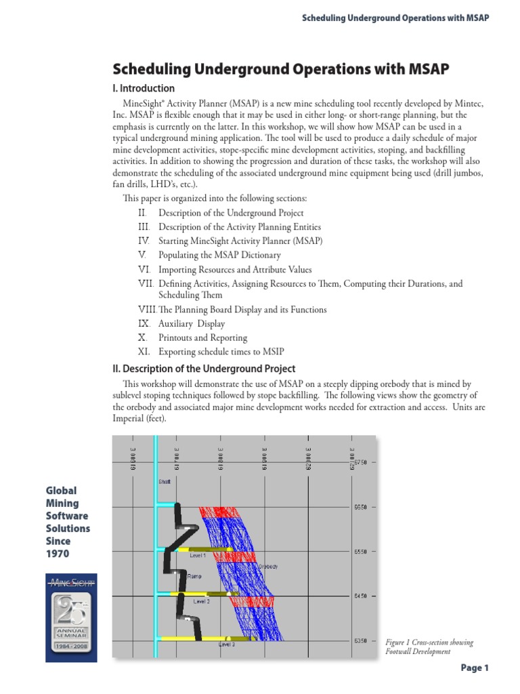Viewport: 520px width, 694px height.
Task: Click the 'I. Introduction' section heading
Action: pos(143,88)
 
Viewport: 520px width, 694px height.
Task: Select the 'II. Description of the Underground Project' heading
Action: pos(203,369)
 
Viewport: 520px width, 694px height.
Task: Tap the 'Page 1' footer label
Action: pos(474,668)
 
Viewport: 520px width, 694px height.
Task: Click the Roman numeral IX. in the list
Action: pos(144,324)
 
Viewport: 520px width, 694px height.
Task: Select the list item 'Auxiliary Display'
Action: pos(192,324)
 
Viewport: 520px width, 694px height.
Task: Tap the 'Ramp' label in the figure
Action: pos(194,577)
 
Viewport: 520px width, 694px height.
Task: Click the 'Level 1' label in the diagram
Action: pos(198,555)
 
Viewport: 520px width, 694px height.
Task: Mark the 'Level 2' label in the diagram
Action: pos(202,600)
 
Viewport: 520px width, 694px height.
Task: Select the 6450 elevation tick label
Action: pos(359,596)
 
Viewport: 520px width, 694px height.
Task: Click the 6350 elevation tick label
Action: pos(359,640)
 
